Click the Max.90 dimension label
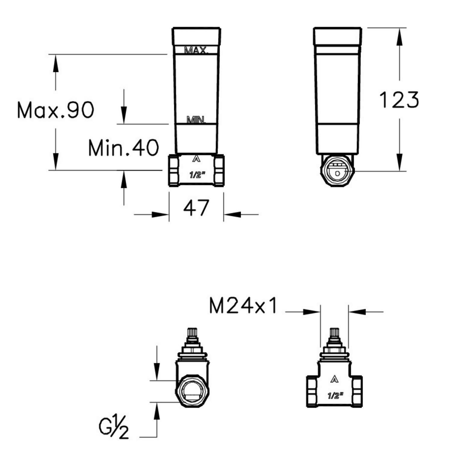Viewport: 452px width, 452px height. (56, 110)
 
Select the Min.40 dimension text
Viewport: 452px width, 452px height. (124, 148)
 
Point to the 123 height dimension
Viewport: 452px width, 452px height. (399, 100)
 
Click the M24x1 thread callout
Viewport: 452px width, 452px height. (243, 306)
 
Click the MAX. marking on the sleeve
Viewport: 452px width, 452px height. (196, 50)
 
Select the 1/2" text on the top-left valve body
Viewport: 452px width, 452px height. (197, 175)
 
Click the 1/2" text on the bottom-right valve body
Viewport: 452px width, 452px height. (335, 395)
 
